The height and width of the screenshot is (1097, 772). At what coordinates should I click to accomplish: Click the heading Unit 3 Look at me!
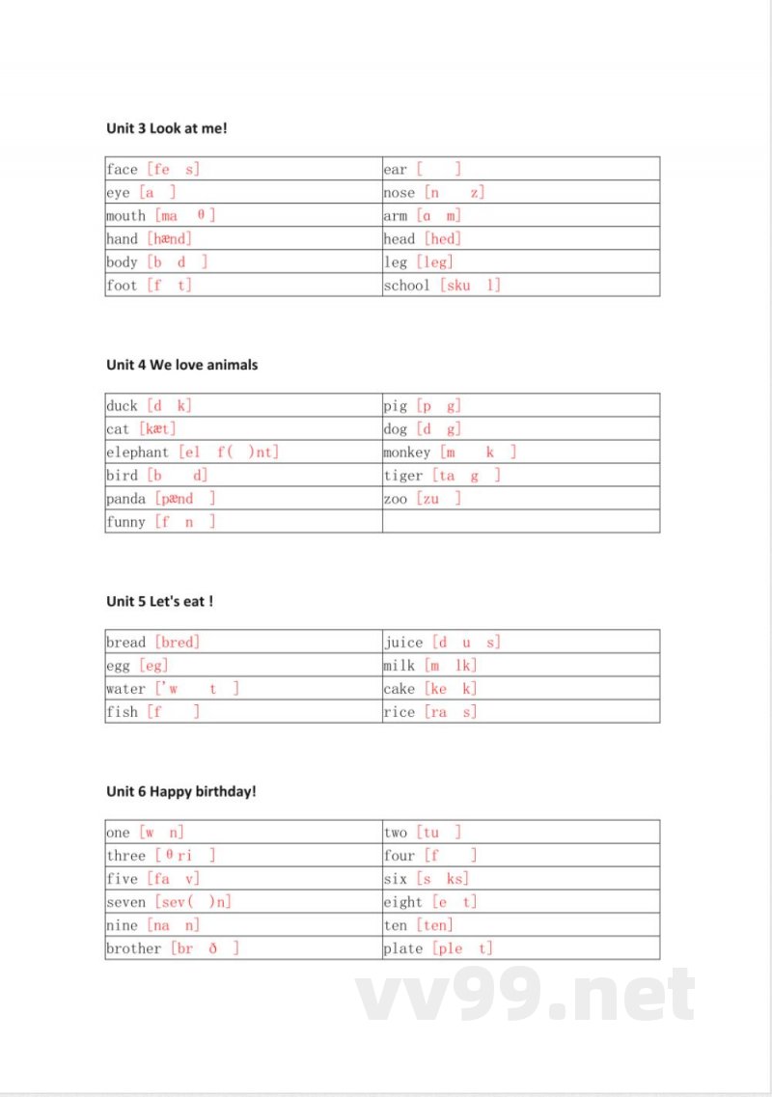(166, 128)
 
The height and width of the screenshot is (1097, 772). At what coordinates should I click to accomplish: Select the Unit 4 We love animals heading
(181, 365)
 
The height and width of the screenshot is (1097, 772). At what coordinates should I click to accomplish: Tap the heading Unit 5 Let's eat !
(159, 601)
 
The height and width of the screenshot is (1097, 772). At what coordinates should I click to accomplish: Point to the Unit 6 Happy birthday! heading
(180, 791)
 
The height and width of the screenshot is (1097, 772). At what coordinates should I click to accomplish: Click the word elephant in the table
(137, 453)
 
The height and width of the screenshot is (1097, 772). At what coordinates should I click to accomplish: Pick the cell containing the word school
(521, 286)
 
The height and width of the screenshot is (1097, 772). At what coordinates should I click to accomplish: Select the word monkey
(406, 453)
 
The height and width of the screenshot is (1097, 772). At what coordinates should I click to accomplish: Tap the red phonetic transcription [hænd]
(169, 239)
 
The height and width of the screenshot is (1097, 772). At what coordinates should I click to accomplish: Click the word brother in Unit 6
(133, 948)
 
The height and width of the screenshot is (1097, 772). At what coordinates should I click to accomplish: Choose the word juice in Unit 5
(403, 643)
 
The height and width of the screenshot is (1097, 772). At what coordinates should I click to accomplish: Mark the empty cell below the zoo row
(521, 522)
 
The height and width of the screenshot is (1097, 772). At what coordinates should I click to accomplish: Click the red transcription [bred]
(177, 643)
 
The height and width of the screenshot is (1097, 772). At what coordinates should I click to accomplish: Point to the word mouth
(125, 216)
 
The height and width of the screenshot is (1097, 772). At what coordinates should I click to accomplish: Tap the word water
(125, 689)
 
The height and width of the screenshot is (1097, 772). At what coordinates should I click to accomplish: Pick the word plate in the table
(402, 948)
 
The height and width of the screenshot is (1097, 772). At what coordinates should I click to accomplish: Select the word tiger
(402, 476)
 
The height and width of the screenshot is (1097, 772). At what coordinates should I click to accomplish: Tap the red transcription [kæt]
(157, 429)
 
